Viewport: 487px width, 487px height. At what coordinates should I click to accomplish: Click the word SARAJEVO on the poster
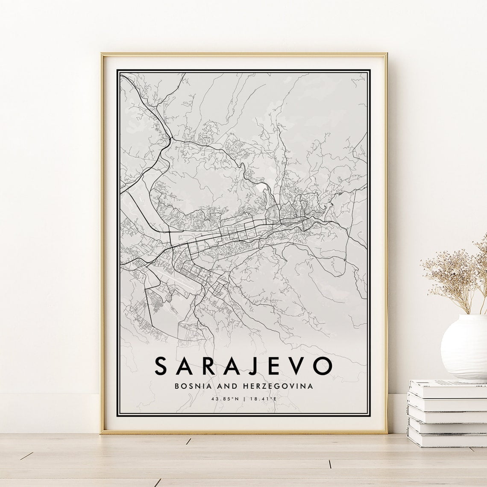pyautogui.click(x=243, y=365)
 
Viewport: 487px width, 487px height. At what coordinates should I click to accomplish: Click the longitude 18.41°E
pyautogui.click(x=263, y=399)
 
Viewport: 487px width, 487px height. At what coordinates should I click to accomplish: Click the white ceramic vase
pyautogui.click(x=464, y=348)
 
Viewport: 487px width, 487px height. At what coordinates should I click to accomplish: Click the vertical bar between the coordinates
pyautogui.click(x=244, y=399)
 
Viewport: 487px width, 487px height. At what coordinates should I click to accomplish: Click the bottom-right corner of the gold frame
pyautogui.click(x=387, y=432)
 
